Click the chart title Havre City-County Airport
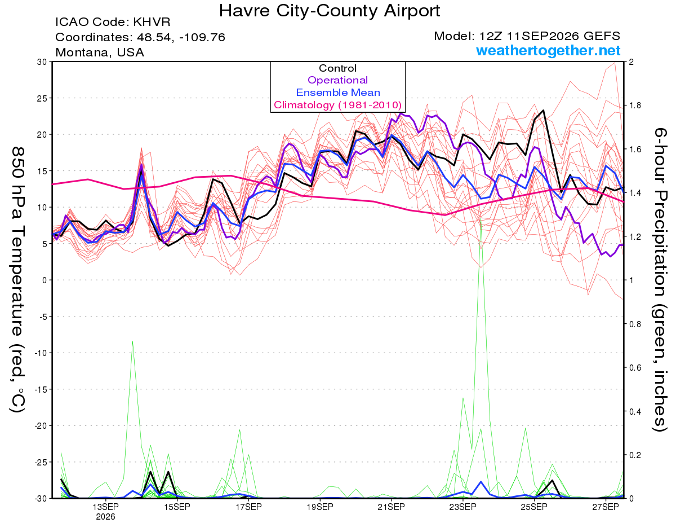pos(330,11)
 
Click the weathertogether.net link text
pos(548,50)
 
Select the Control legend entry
pos(337,68)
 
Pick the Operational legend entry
pos(337,80)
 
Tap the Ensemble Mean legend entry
pos(338,92)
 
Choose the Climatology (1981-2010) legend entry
pos(337,105)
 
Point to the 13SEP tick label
pos(105,507)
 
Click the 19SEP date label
pos(320,507)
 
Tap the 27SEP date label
pos(606,507)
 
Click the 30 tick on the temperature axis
pos(42,61)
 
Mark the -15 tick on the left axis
pos(41,389)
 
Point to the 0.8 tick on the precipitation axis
pos(634,324)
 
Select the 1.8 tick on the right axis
pos(634,106)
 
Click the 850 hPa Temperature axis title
pos(17,280)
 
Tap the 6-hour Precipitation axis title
pos(660,279)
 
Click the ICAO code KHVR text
pos(113,22)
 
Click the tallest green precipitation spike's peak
pos(481,218)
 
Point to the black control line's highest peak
pos(543,110)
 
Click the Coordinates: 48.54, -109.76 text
pos(140,37)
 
